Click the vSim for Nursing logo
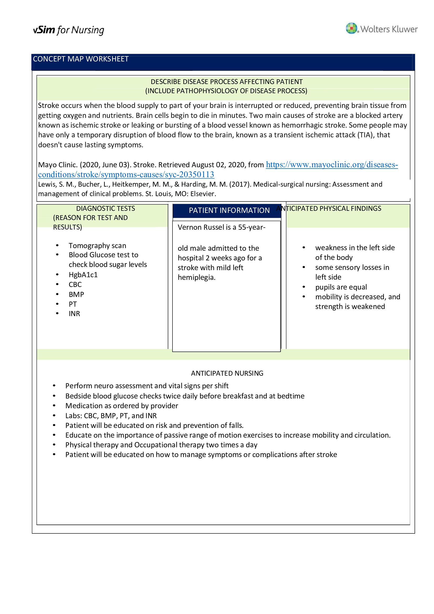[69, 30]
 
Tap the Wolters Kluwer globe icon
[351, 28]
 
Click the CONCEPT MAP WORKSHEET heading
[81, 59]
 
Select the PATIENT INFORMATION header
[229, 211]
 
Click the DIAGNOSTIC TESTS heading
[106, 208]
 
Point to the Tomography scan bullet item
[97, 245]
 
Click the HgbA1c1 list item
[83, 275]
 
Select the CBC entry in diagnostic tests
[75, 285]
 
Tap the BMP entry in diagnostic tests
[76, 295]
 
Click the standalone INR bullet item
[74, 314]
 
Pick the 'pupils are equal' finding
[341, 287]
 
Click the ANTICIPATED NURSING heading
[227, 373]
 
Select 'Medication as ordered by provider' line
[122, 406]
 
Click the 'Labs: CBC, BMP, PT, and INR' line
[111, 416]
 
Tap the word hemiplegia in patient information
[197, 277]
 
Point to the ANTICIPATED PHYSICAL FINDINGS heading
[329, 208]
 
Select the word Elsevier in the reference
[203, 194]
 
